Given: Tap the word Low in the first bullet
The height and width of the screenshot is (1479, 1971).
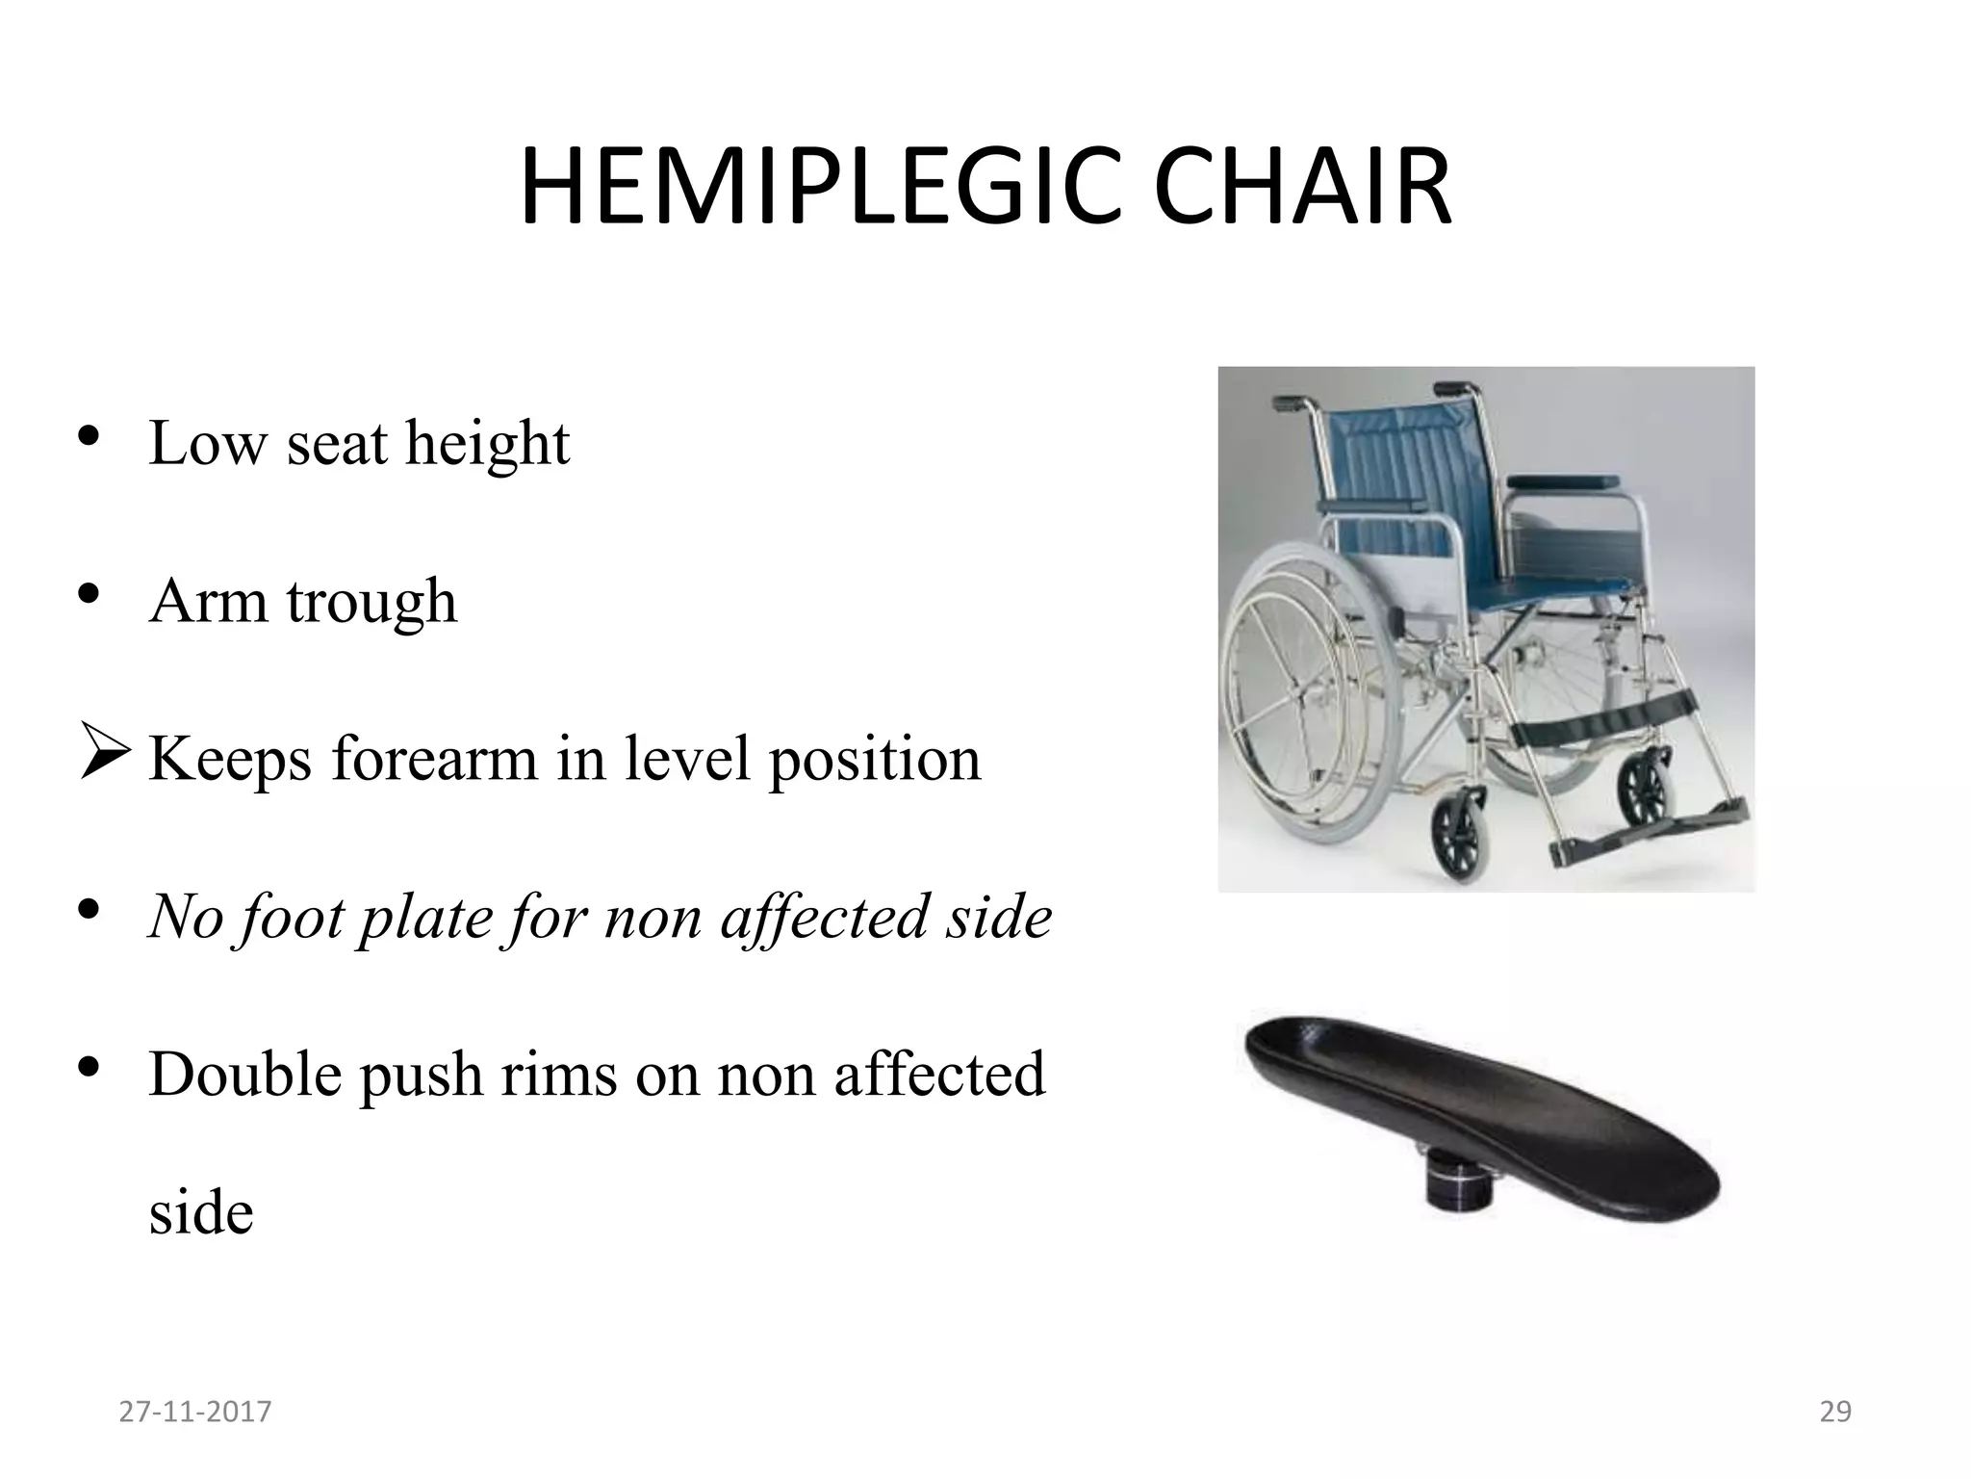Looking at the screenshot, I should (207, 444).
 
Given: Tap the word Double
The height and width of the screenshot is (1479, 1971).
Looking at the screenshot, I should (244, 1076).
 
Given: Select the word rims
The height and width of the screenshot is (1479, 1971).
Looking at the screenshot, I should (558, 1076).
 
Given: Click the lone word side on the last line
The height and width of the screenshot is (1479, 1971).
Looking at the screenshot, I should (201, 1212).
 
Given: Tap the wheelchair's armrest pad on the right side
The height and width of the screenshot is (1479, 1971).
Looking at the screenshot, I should (1563, 481).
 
